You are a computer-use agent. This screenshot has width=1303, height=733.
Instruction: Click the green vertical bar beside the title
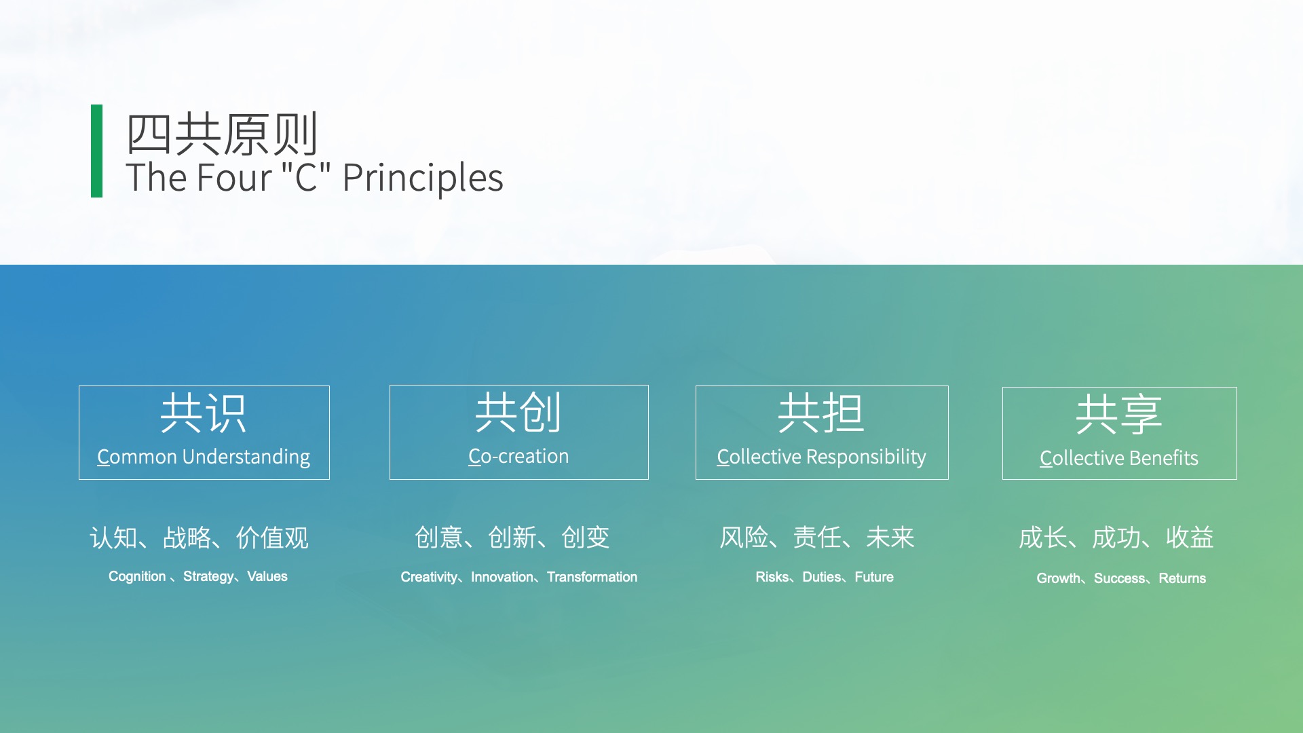click(96, 151)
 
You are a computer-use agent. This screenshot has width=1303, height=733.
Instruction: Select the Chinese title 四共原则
click(222, 134)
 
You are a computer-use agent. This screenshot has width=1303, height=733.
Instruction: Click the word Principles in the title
click(423, 178)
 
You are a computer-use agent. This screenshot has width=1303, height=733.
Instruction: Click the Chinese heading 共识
click(204, 413)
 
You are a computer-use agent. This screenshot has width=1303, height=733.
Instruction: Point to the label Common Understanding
click(204, 457)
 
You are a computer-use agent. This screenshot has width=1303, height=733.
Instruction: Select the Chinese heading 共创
click(518, 412)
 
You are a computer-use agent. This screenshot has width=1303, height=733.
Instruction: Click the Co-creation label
click(518, 456)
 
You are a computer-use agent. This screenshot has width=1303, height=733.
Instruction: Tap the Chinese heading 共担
click(821, 413)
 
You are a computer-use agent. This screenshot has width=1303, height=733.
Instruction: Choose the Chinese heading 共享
click(1119, 414)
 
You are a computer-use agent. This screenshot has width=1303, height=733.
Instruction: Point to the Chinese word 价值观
click(272, 538)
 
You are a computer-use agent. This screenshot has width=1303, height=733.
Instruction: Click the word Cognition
click(137, 576)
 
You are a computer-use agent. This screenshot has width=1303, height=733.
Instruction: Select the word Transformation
click(592, 577)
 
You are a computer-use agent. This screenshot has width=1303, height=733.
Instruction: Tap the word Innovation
click(502, 577)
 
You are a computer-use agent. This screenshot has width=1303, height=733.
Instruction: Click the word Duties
click(822, 577)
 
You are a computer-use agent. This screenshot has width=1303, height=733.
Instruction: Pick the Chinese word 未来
click(890, 538)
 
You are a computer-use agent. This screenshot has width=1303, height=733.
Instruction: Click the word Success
click(1120, 578)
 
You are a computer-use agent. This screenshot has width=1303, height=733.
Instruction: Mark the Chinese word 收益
click(1190, 538)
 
